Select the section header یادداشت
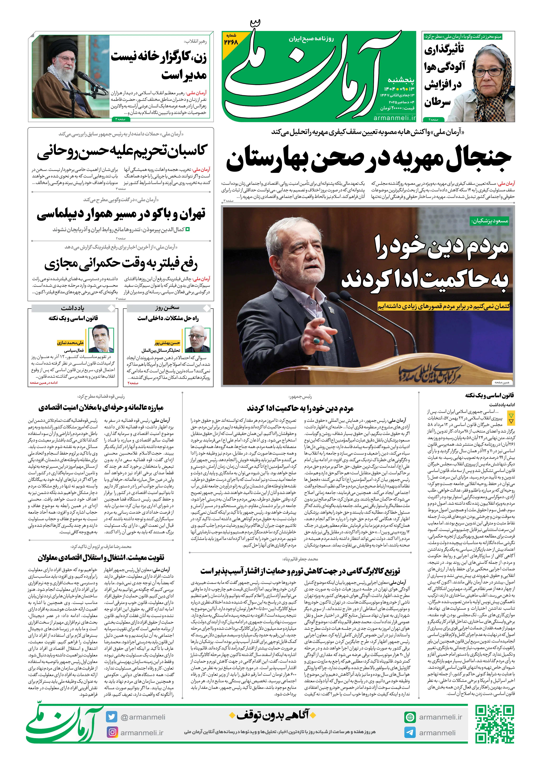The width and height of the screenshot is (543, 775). point(73,308)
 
